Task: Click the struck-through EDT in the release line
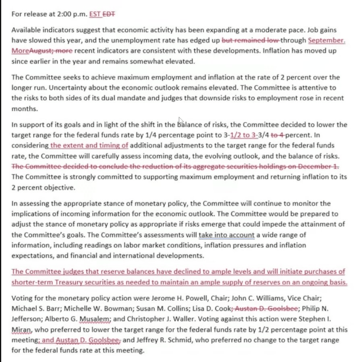[x=109, y=14]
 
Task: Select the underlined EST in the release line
[x=95, y=14]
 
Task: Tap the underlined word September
[x=327, y=40]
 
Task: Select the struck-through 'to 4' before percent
[x=278, y=135]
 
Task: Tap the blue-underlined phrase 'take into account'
[x=226, y=234]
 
